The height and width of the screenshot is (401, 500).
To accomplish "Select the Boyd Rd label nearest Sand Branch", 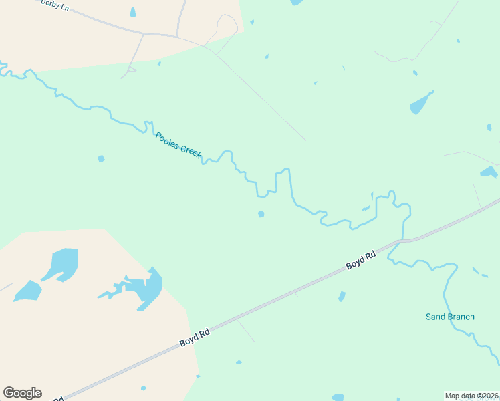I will (x=361, y=260).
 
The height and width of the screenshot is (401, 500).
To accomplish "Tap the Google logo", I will (x=22, y=393).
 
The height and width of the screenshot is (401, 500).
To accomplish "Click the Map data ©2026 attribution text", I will (x=471, y=396).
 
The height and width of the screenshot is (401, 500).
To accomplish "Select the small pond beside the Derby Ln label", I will (x=133, y=12).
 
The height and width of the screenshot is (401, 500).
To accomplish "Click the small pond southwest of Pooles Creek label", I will (x=101, y=158).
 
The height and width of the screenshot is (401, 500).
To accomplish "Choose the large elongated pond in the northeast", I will (x=421, y=103).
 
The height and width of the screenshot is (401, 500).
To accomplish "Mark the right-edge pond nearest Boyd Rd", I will (x=489, y=172).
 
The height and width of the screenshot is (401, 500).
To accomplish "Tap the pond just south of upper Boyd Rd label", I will (x=342, y=296).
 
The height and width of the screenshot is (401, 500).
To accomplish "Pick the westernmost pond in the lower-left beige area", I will (x=28, y=290).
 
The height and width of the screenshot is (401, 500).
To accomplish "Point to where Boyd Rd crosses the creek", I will (x=401, y=240).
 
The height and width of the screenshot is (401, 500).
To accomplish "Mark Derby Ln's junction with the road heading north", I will (x=177, y=36).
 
